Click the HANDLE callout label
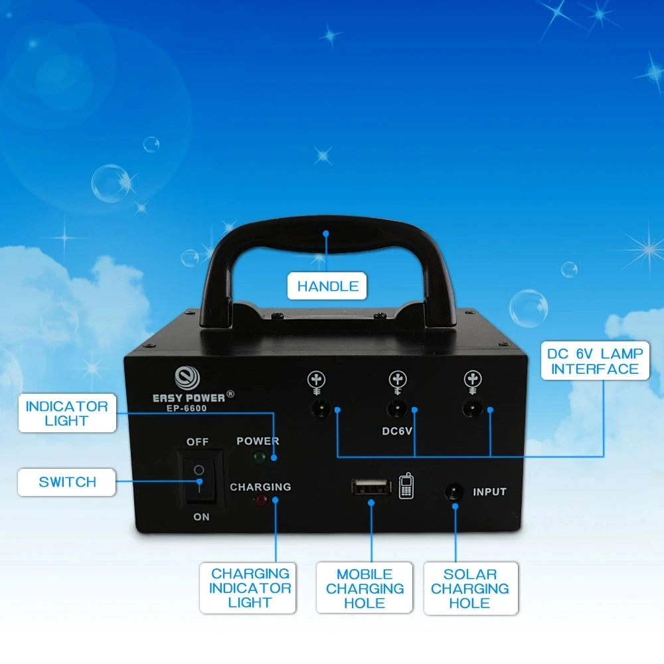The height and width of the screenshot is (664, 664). [x=327, y=286]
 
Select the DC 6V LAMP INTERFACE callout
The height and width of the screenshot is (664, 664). [x=594, y=361]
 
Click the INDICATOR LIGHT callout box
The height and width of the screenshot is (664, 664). [x=66, y=413]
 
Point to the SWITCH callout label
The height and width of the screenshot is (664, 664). [x=67, y=482]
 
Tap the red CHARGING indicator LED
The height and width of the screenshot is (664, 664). [x=258, y=500]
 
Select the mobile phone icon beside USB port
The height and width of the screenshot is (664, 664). [x=406, y=487]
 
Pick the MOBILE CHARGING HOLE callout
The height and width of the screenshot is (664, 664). [x=365, y=588]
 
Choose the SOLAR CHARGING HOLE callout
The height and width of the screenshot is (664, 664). [x=469, y=588]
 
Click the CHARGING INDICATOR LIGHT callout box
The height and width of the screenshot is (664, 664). [x=250, y=588]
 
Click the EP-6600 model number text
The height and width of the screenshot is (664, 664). [x=187, y=408]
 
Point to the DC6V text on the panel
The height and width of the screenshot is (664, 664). [x=397, y=430]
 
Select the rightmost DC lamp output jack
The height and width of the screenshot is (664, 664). [x=472, y=408]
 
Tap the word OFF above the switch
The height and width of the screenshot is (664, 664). [x=197, y=442]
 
